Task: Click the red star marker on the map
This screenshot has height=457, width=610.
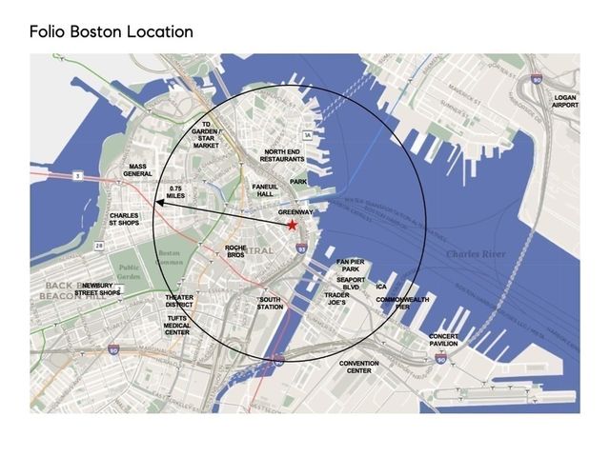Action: (x=292, y=224)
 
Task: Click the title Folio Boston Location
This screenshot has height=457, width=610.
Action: (x=112, y=31)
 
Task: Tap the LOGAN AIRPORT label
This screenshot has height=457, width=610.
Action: (x=565, y=101)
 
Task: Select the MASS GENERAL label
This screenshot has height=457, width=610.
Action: (x=138, y=170)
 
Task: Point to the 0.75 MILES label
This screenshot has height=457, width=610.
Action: (x=175, y=192)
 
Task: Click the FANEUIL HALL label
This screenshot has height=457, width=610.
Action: (x=264, y=189)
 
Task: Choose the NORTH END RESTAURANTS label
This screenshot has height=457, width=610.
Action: (x=283, y=155)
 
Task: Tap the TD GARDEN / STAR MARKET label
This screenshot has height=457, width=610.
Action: (x=206, y=135)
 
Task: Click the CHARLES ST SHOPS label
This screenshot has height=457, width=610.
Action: (x=125, y=220)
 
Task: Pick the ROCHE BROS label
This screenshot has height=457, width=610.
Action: (x=236, y=251)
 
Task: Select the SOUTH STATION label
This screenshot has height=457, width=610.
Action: (x=271, y=303)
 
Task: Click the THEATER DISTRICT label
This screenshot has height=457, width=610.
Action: (x=179, y=301)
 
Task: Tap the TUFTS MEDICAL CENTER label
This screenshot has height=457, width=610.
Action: (x=177, y=325)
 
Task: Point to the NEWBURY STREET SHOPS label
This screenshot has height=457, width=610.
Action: (x=100, y=289)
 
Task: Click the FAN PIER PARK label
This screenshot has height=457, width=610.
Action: (x=350, y=265)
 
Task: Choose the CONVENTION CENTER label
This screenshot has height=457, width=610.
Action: (x=359, y=368)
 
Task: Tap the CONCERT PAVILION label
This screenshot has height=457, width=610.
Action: (x=444, y=340)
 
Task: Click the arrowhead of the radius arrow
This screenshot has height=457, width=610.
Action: (x=161, y=203)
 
